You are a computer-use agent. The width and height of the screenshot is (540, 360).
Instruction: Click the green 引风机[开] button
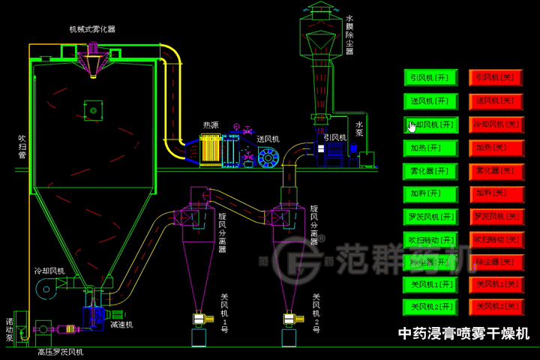point(430,77)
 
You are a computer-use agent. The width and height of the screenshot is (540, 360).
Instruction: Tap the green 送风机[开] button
point(430,100)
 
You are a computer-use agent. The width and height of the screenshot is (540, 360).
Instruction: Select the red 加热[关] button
point(496,147)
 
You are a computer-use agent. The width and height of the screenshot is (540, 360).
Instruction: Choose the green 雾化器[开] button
point(430,170)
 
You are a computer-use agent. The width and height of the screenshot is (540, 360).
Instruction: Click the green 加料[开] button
point(430,193)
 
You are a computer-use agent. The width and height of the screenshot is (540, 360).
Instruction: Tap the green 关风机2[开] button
point(430,307)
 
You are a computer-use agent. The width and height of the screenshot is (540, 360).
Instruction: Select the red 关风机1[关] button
point(496,285)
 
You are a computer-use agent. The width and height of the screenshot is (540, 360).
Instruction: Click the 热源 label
point(211,125)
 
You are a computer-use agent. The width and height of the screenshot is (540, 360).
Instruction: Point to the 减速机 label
point(121,325)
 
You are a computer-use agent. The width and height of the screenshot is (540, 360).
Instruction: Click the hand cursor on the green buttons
point(412,125)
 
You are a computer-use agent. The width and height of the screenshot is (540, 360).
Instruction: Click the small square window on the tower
point(93,111)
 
